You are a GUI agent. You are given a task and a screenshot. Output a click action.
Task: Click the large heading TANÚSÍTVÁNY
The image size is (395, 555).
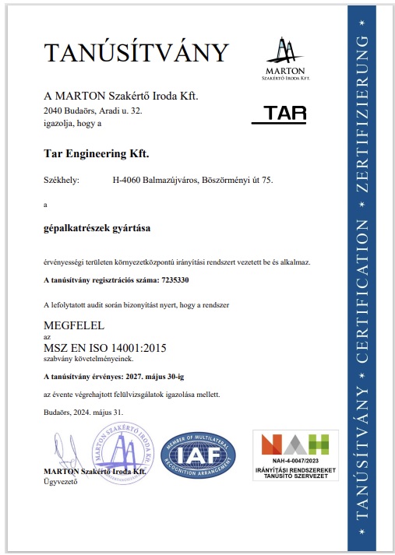pos(137,53)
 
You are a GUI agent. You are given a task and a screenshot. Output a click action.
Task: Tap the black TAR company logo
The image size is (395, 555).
pos(280,114)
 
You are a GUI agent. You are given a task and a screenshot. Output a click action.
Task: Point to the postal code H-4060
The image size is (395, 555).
pos(127,180)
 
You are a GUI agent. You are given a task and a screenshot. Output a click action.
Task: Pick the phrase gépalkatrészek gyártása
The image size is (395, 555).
pos(97,229)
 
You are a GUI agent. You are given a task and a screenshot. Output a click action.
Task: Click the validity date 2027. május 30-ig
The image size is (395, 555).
pos(157,376)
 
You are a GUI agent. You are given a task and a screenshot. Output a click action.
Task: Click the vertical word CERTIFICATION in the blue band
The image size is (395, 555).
pos(361,291)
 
